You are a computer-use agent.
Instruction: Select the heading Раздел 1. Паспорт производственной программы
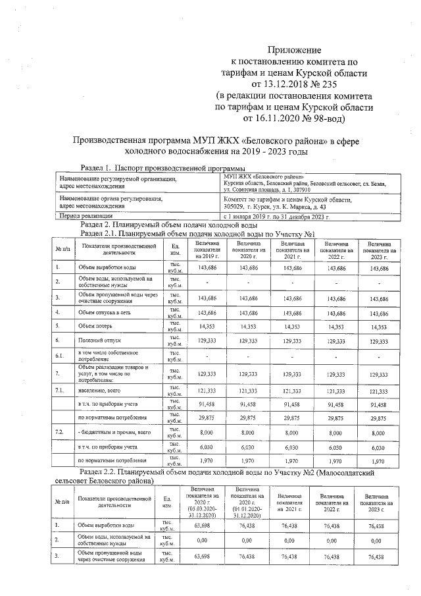coord(157,169)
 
